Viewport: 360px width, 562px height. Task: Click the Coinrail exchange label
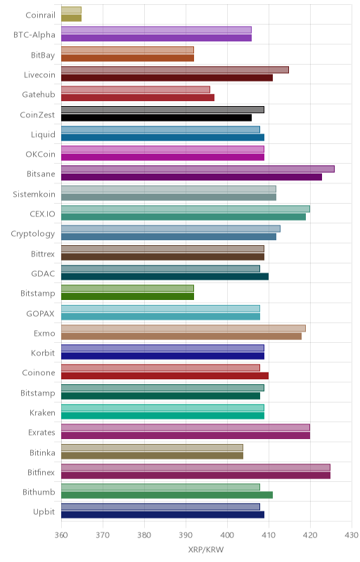pos(41,15)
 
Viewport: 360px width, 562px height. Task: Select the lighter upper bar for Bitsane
pos(198,169)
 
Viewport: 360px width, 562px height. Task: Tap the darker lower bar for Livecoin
pos(167,78)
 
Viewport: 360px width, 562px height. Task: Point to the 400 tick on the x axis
pos(227,535)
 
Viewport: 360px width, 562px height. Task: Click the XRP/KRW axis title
pos(206,550)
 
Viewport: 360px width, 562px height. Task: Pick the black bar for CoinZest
pos(156,117)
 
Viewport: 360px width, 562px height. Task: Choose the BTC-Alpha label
pos(34,34)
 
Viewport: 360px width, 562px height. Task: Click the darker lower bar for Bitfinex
pos(195,476)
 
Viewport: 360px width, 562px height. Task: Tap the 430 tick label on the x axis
pos(352,535)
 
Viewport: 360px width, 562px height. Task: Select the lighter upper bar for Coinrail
pos(71,10)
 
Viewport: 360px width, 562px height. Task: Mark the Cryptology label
pos(33,234)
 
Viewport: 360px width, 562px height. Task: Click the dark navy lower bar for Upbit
pos(163,515)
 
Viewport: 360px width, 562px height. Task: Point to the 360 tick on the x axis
pos(61,535)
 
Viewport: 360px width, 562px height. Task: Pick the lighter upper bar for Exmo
pos(184,328)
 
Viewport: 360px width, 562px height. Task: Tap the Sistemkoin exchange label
pos(34,195)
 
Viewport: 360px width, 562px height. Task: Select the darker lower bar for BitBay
pos(128,58)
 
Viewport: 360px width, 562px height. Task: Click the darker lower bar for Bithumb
pos(167,495)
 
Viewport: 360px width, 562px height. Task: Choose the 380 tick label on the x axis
pos(144,535)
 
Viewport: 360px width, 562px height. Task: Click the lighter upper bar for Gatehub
pos(136,90)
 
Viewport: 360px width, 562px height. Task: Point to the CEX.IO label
pos(43,214)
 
